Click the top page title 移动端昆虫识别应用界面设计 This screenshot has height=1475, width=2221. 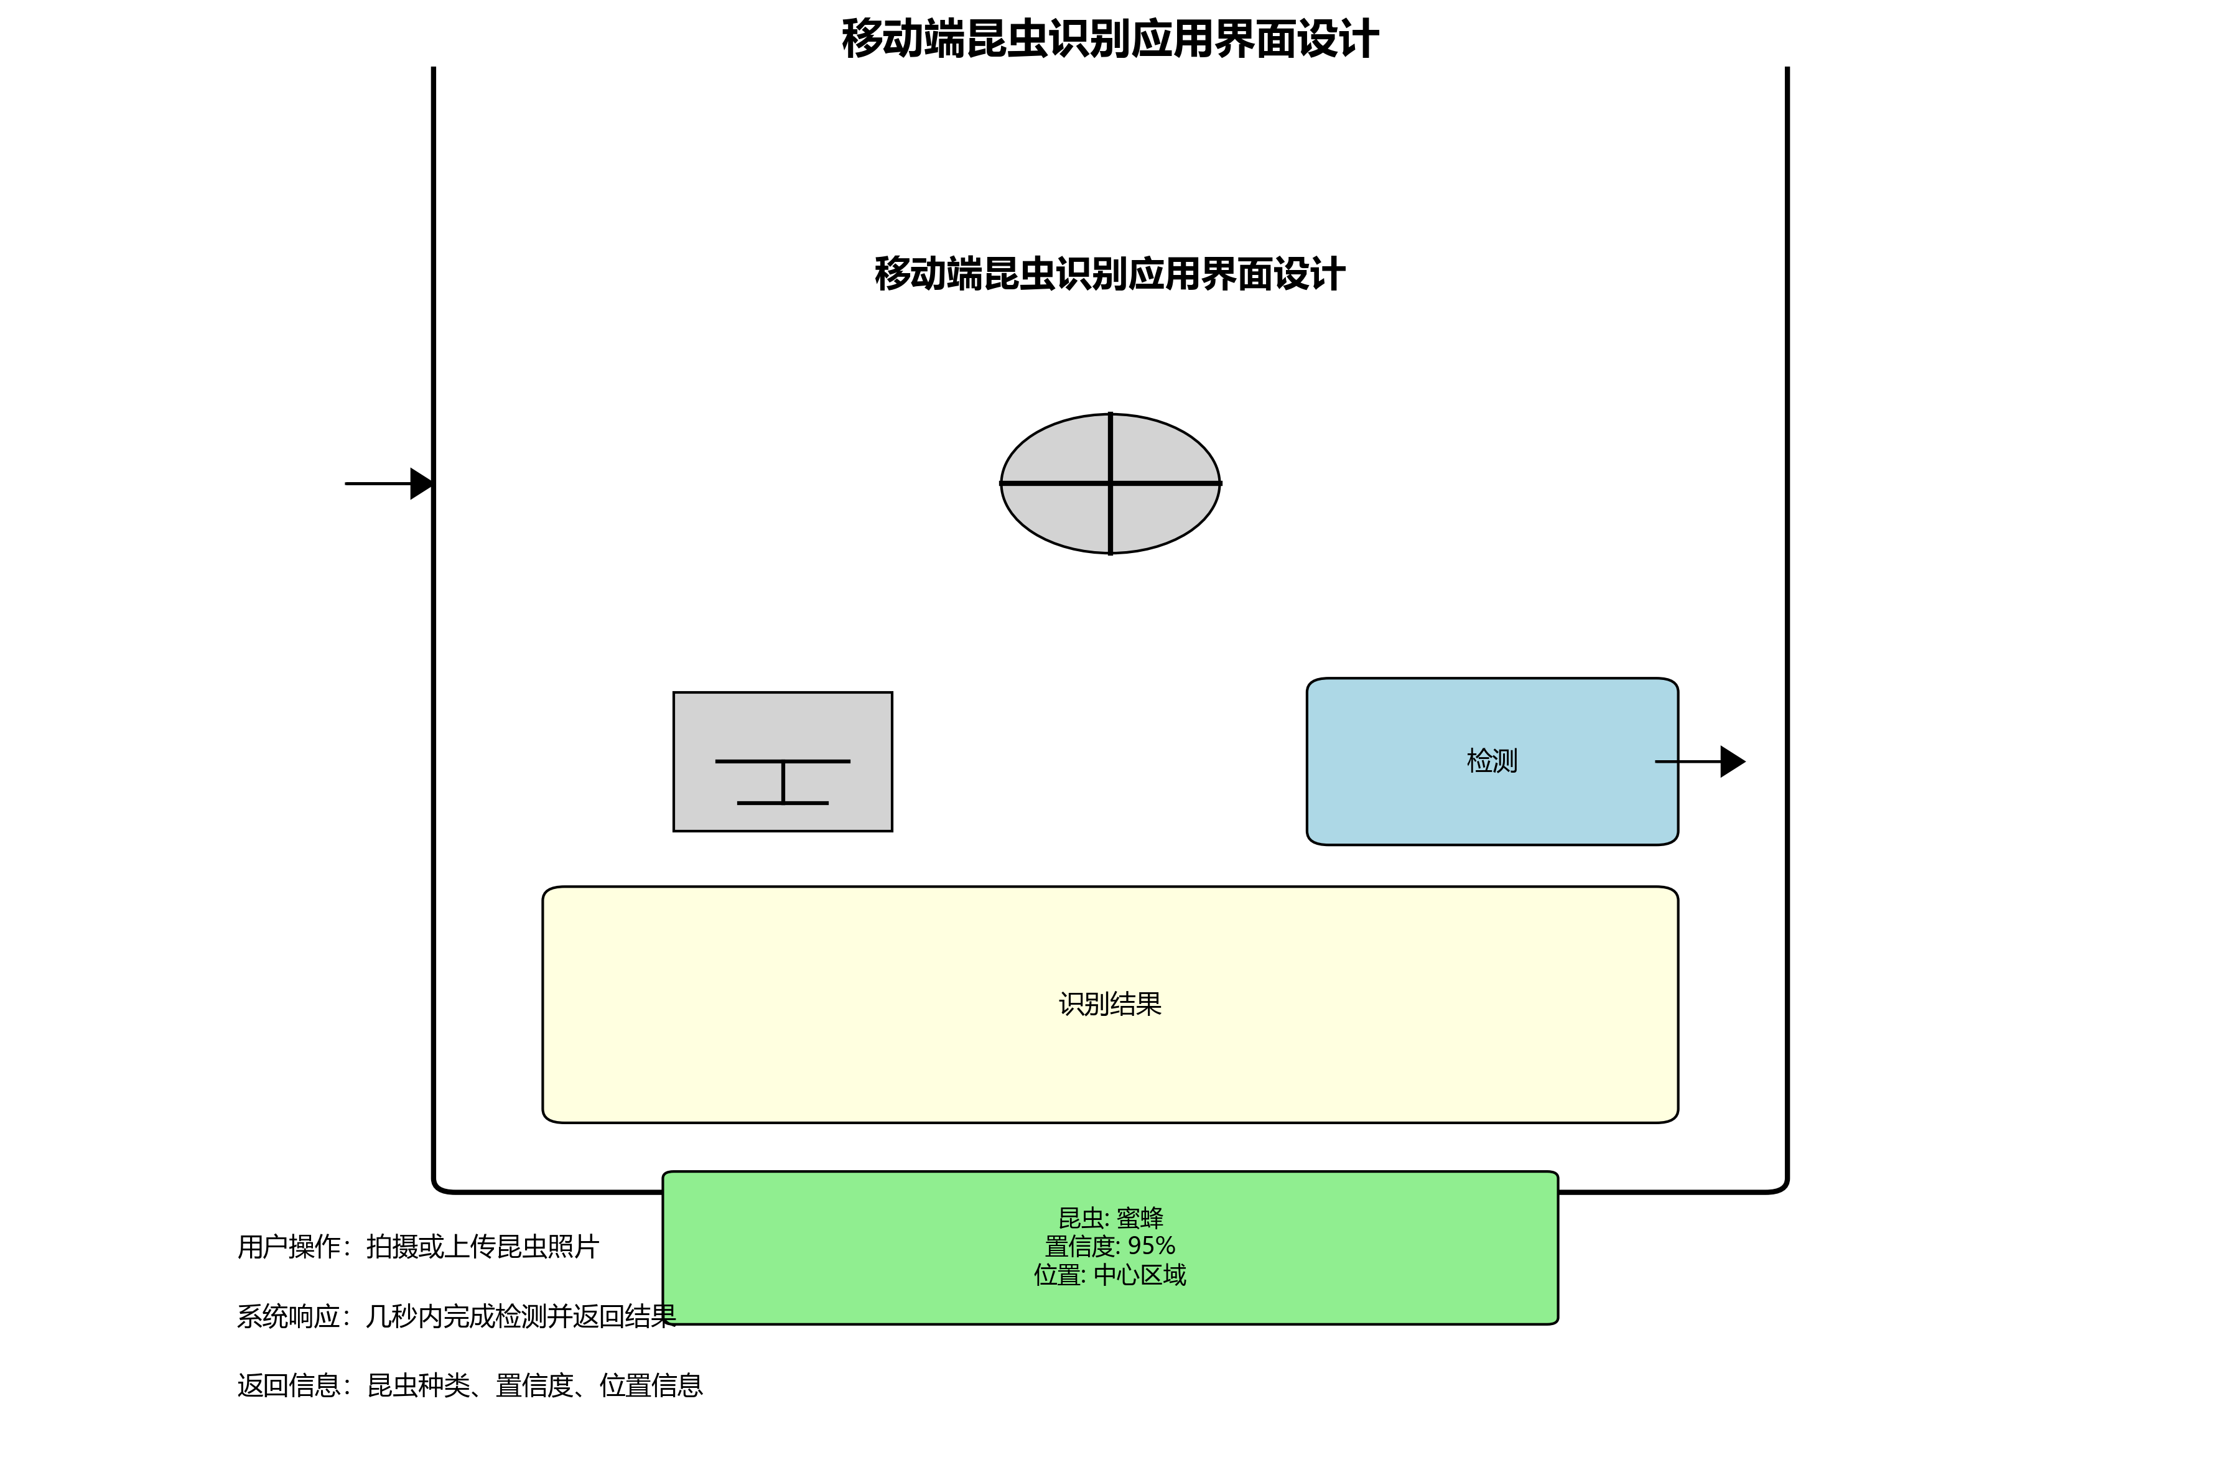1110,40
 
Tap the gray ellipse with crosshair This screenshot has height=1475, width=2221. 1054,452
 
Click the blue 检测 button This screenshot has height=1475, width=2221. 1392,799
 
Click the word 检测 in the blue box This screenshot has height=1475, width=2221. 1492,761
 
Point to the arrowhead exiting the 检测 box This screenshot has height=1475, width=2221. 1732,761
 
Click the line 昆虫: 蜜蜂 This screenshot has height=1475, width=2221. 1110,1218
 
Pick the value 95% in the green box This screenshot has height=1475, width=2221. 1152,1247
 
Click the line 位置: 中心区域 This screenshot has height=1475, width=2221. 1110,1275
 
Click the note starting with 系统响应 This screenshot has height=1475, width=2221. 455,1316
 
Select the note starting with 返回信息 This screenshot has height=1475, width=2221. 470,1385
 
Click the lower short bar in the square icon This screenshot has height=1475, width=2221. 783,803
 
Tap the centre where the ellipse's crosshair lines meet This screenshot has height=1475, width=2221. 1110,483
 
